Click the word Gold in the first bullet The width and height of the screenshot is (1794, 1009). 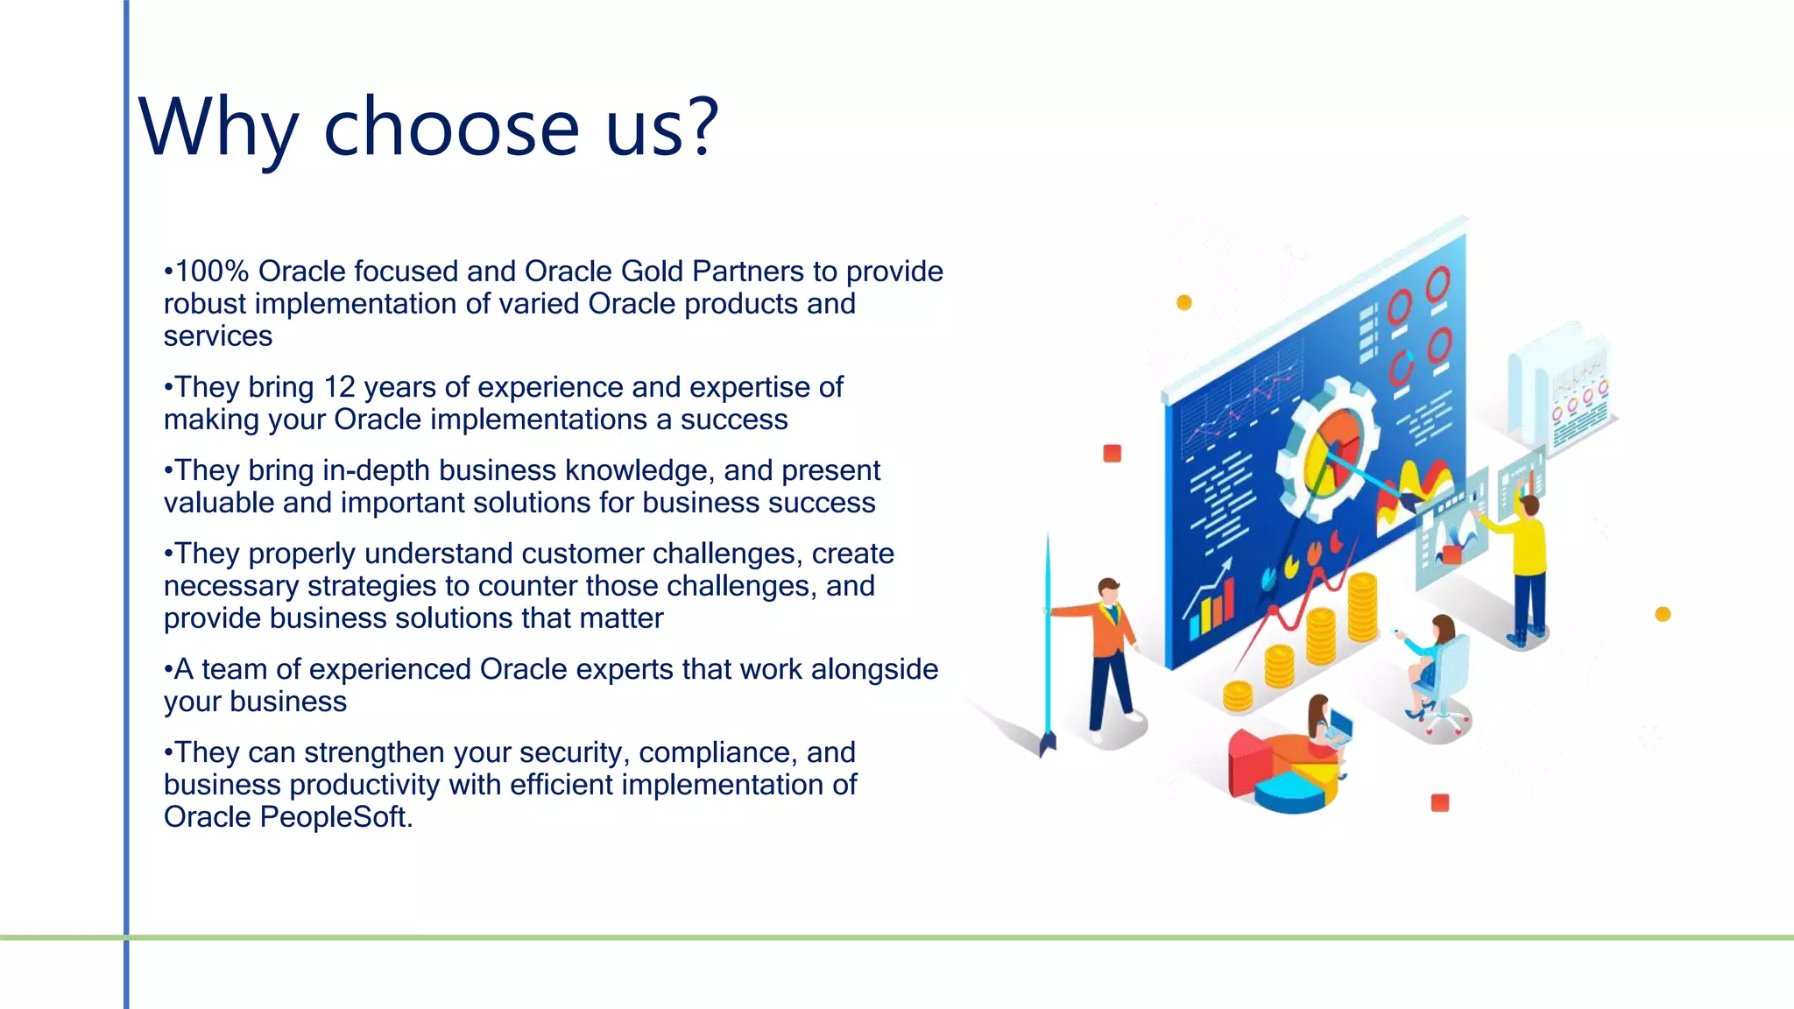(652, 272)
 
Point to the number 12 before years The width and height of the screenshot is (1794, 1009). (340, 387)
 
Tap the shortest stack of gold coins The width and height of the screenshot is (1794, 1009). (1238, 695)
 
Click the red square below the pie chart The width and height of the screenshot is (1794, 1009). (1439, 802)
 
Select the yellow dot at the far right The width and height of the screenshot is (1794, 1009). (1663, 614)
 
